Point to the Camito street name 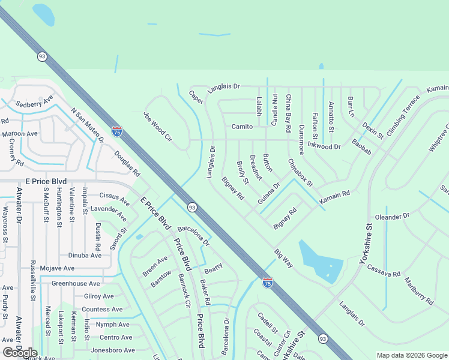coord(242,127)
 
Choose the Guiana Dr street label coord(269,194)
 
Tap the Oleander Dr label coord(392,216)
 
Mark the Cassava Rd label coord(384,270)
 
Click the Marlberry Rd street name coord(418,291)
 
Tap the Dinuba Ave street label coord(85,255)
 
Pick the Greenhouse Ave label coord(76,283)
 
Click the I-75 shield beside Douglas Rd coord(117,130)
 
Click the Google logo coord(20,353)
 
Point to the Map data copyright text coord(411,355)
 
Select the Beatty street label coord(213,268)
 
